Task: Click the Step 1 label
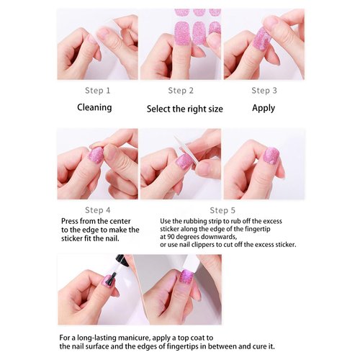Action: tap(98, 91)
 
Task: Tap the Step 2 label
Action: tap(181, 91)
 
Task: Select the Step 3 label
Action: tap(264, 91)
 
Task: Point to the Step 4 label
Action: tap(98, 210)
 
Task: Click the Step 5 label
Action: tap(223, 210)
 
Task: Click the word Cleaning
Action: tap(95, 108)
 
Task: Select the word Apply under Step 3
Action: tap(264, 108)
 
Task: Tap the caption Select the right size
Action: tap(185, 109)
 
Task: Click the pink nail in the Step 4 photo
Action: tap(95, 155)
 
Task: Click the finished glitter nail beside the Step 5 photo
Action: tap(271, 156)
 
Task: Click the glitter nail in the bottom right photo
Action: tap(186, 276)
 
